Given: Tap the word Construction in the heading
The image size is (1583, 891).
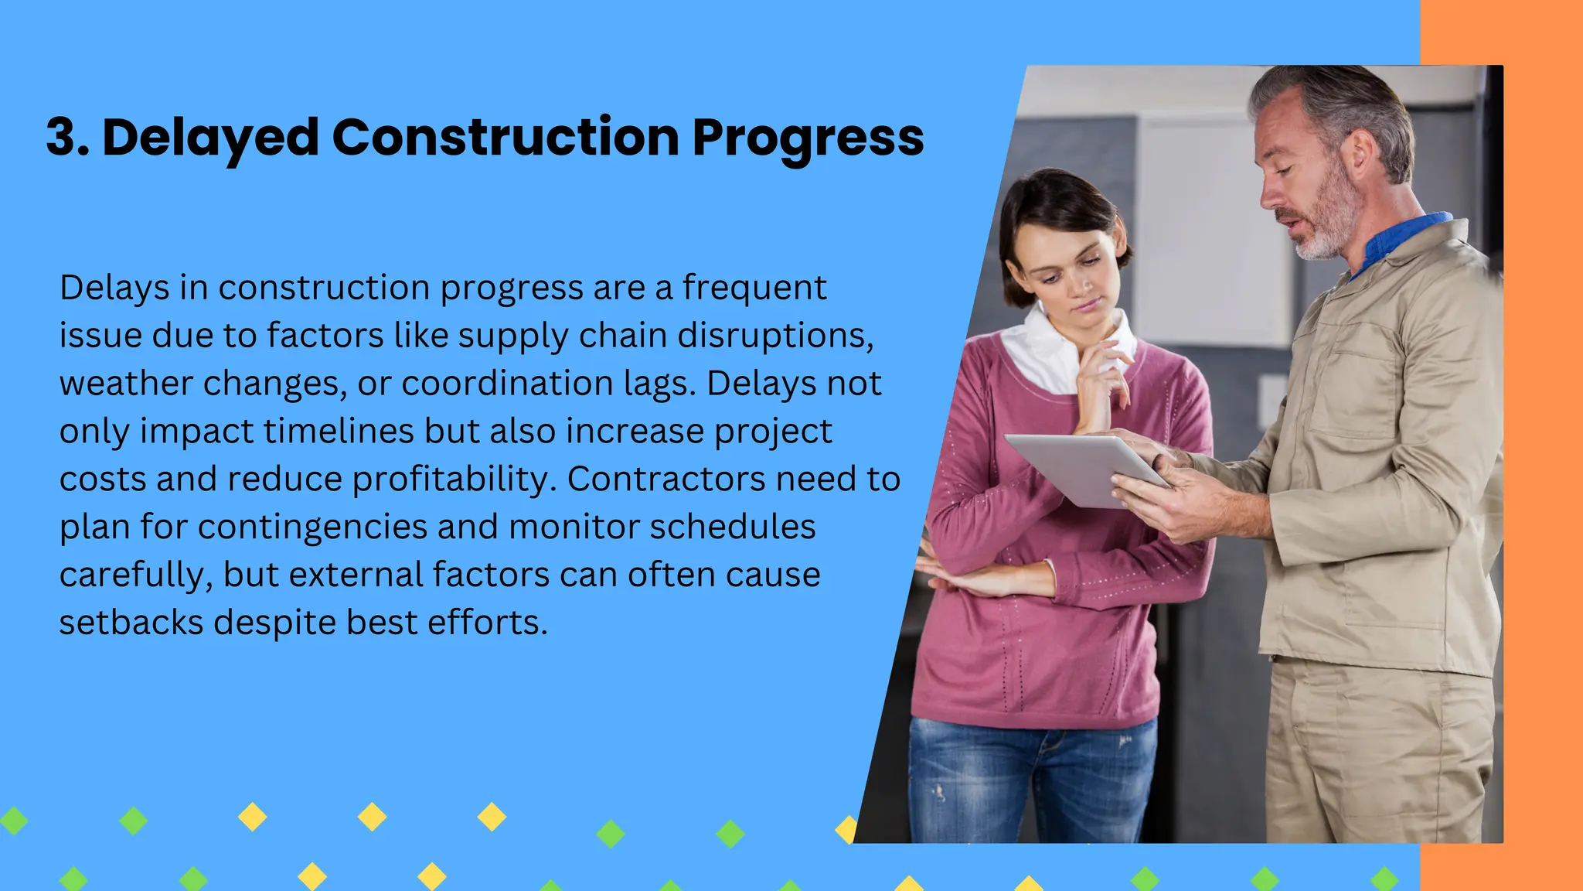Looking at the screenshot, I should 506,138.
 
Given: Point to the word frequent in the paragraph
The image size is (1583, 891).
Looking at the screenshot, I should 754,288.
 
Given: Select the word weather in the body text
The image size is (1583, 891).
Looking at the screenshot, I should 126,384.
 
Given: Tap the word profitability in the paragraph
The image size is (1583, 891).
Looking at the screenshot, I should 454,480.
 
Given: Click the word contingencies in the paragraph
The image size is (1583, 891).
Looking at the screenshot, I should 312,527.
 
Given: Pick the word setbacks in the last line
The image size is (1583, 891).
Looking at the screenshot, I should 131,623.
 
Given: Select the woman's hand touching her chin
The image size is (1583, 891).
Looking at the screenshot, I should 1101,371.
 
